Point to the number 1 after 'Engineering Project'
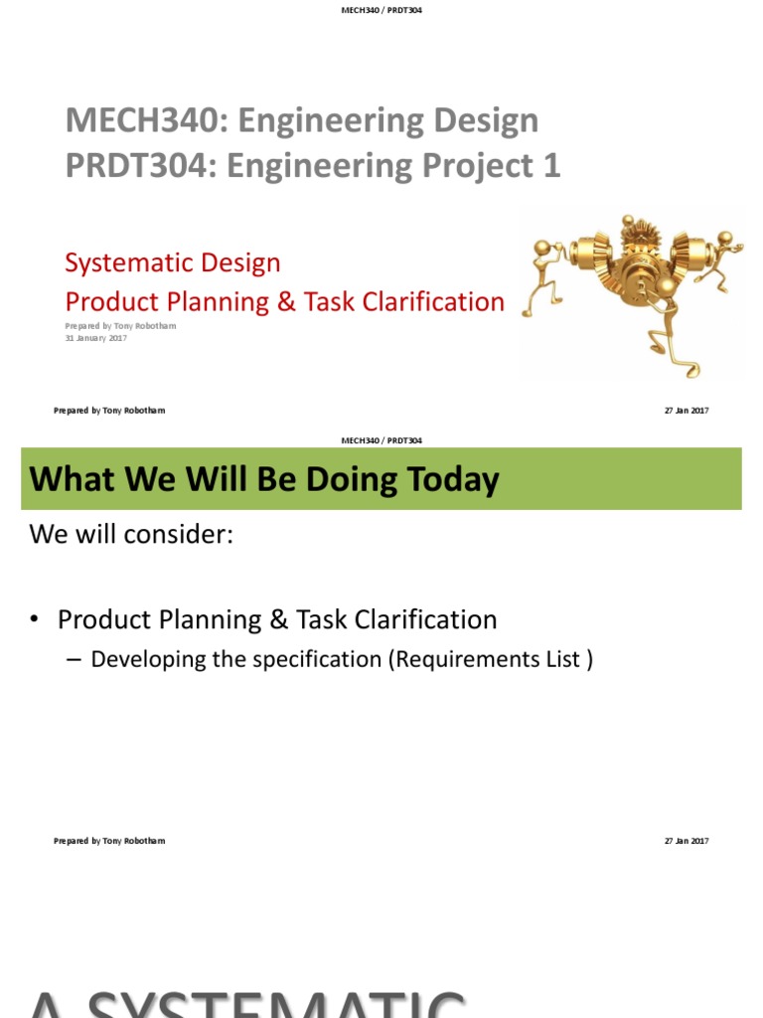550,166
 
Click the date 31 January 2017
95,338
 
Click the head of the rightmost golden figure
725,239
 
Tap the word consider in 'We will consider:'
181,534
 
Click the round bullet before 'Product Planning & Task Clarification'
35,620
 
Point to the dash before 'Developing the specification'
76,659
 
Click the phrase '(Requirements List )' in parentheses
491,659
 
